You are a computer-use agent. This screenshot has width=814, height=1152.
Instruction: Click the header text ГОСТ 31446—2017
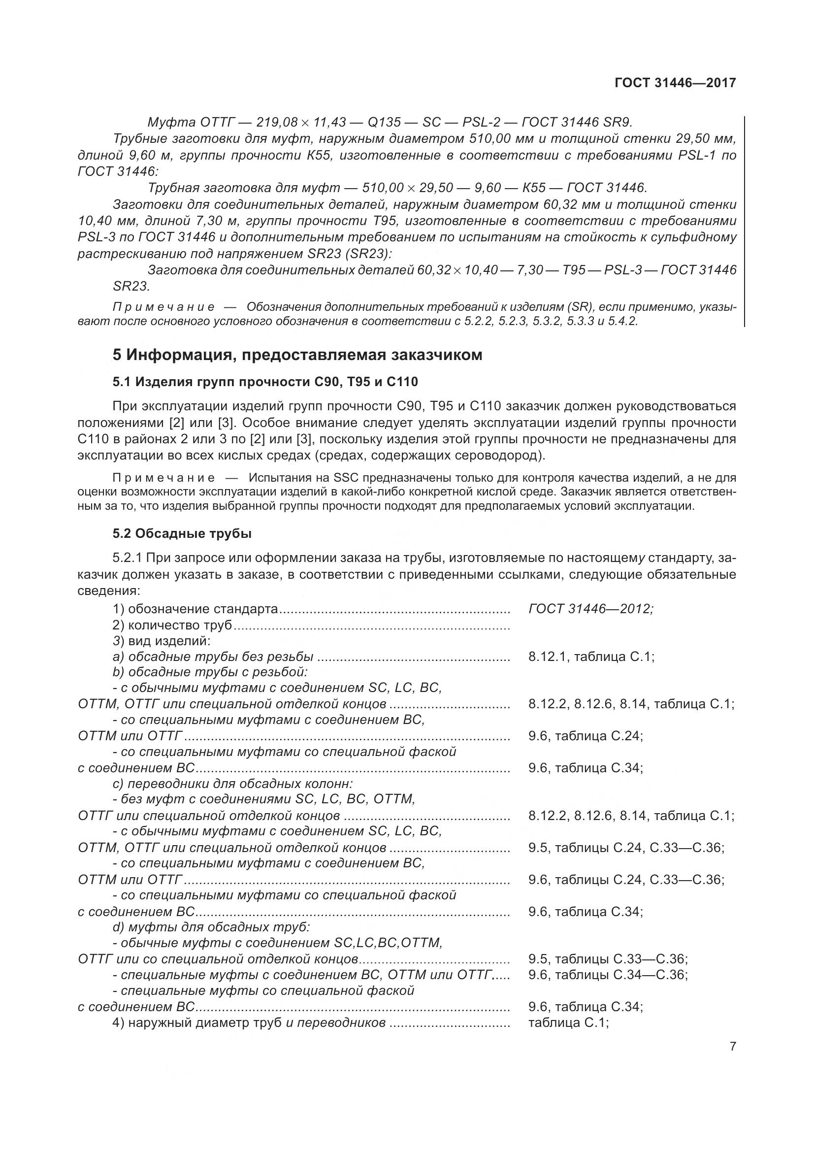(x=675, y=83)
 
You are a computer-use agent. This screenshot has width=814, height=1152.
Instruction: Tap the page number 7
(x=733, y=1060)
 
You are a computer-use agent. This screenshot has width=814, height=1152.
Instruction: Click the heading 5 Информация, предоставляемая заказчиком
(x=297, y=355)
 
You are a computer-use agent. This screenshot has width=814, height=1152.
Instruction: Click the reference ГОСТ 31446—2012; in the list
(x=590, y=609)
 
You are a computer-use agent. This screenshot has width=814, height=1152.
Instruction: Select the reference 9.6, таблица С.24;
(x=586, y=736)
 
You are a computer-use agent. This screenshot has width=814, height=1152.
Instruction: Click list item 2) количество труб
(x=172, y=625)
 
